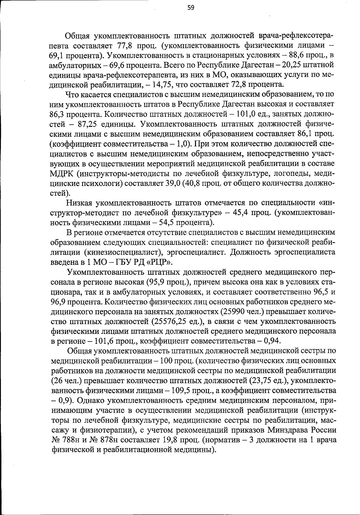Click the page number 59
coord(191,8)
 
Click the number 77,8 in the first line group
coord(121,46)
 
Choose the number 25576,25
coord(169,321)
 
